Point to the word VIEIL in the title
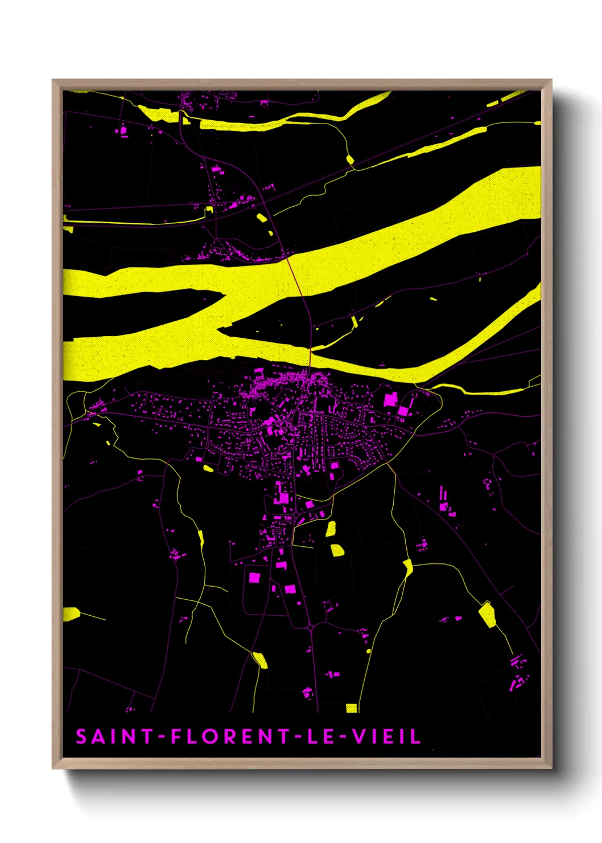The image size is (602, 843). pyautogui.click(x=386, y=736)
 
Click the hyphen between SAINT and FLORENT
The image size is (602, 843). pyautogui.click(x=162, y=737)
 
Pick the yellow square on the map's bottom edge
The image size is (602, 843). pyautogui.click(x=352, y=708)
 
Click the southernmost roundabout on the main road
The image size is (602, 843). pyautogui.click(x=311, y=627)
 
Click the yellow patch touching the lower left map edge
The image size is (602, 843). pyautogui.click(x=71, y=614)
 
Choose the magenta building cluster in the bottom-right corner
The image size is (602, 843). pyautogui.click(x=517, y=673)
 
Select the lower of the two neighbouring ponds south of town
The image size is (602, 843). pyautogui.click(x=337, y=550)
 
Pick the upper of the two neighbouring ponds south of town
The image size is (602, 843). pyautogui.click(x=331, y=528)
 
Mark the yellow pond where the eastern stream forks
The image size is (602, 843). pyautogui.click(x=407, y=567)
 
